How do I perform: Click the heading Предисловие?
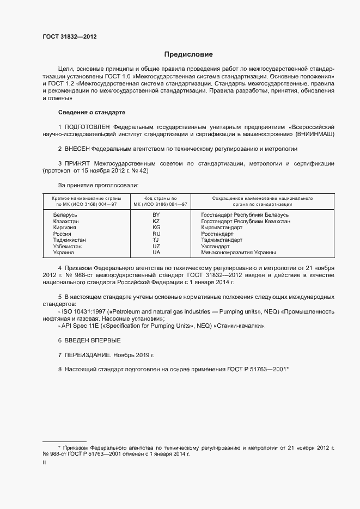188,54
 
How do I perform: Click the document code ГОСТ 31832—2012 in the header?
70,36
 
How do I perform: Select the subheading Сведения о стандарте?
91,112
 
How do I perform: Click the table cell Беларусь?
65,215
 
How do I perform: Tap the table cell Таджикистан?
69,240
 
